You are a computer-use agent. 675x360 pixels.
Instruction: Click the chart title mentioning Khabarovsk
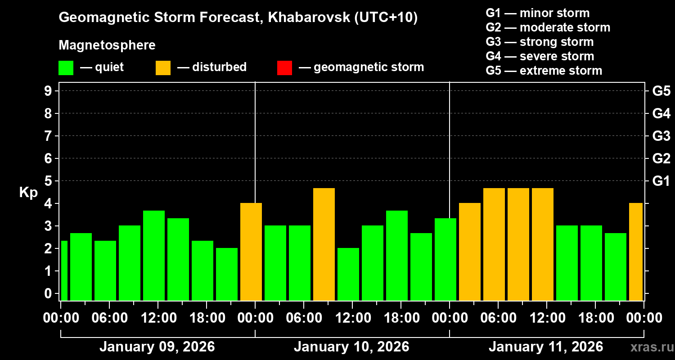(x=238, y=18)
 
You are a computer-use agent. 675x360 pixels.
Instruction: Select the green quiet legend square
(x=66, y=67)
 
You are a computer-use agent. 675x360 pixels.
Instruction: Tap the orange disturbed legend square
(x=163, y=67)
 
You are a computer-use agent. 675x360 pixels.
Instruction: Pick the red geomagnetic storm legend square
(x=284, y=67)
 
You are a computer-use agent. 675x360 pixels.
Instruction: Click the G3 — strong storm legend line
(x=540, y=42)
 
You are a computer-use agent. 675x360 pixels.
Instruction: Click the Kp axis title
(x=28, y=193)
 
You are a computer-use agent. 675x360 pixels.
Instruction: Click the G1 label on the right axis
(x=661, y=181)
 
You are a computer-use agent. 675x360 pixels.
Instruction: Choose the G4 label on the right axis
(x=661, y=113)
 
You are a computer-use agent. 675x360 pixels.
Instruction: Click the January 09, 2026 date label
(x=157, y=347)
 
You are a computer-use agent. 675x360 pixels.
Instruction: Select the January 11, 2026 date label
(x=546, y=347)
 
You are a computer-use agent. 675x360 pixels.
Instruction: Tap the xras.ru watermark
(x=651, y=347)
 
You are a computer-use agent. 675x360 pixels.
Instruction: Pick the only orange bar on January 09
(x=251, y=252)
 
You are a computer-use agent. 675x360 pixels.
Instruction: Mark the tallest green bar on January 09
(x=154, y=255)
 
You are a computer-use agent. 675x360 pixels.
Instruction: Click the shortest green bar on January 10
(x=348, y=274)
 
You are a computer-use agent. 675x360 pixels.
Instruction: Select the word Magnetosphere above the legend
(x=107, y=45)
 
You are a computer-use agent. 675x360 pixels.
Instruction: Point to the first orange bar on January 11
(x=470, y=252)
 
